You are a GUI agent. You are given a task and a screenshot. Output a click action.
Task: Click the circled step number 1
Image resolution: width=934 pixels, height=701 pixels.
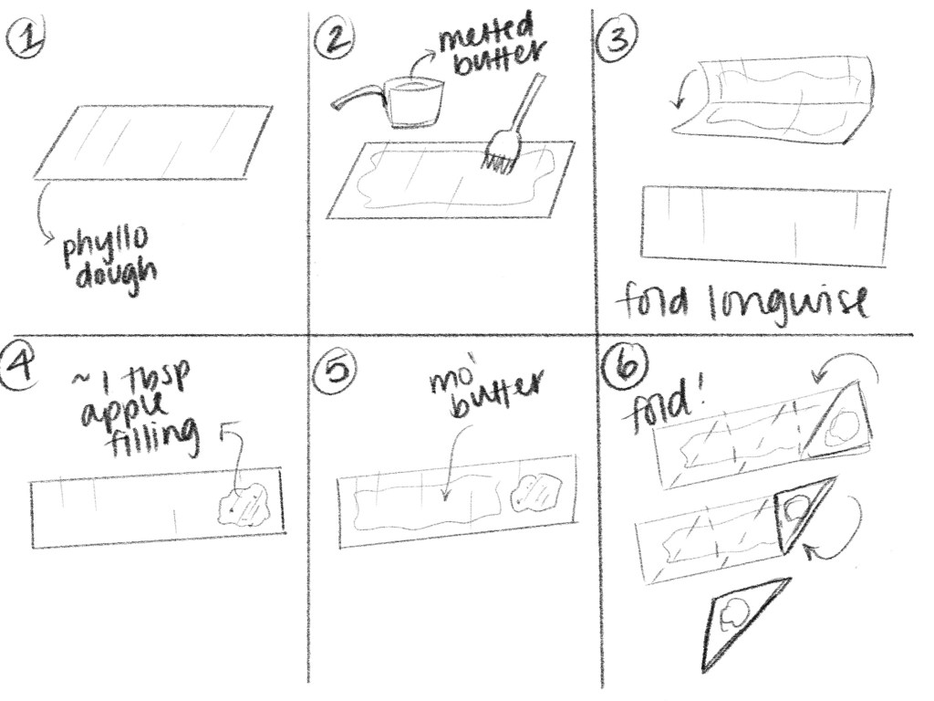(24, 38)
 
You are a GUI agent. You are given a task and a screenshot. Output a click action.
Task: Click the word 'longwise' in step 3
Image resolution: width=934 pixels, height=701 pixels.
(789, 305)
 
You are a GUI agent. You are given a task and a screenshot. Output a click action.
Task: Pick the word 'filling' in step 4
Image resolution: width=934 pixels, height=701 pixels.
(153, 437)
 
